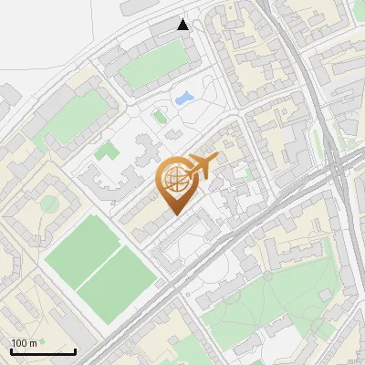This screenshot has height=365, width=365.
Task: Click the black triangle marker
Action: (x=183, y=25)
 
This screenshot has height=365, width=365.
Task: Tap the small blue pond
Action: (x=183, y=97)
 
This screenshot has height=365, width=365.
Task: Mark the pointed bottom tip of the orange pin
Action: (x=173, y=215)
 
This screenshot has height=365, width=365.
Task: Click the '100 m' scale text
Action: (x=24, y=343)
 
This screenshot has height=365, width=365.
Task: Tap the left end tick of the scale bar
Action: (x=11, y=350)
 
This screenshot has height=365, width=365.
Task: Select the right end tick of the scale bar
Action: (x=75, y=350)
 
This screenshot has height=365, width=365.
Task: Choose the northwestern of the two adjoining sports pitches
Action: (x=84, y=249)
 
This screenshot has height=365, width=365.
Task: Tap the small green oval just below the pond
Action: (x=160, y=116)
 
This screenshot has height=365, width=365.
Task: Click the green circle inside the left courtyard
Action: (x=48, y=202)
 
